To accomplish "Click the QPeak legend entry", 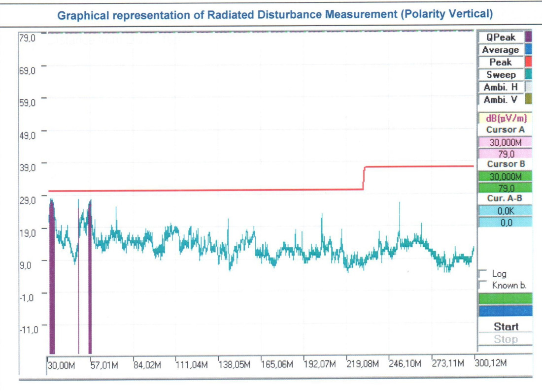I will [500, 37].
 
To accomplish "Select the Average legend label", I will [500, 50].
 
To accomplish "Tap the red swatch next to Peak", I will [528, 62].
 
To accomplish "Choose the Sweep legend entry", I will [501, 75].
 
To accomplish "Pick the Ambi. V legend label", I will [500, 99].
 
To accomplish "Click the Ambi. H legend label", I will [500, 87].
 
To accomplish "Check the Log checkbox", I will [483, 274].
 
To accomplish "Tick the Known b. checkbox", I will [483, 285].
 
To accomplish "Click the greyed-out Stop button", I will [506, 339].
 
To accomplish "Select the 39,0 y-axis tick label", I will [27, 167].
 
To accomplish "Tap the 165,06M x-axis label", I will [276, 365].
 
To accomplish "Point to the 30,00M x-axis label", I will [62, 365].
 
